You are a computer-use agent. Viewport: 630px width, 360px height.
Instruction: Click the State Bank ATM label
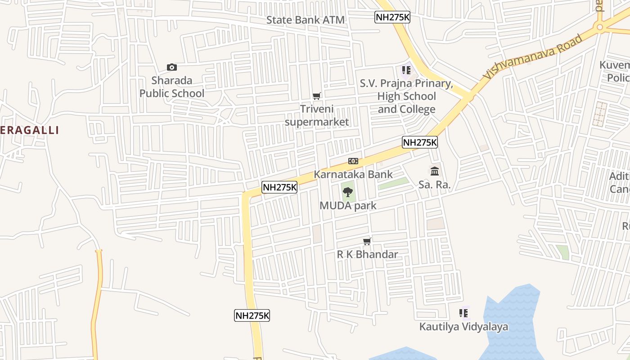coord(305,20)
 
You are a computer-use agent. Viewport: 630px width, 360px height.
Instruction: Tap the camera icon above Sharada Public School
coord(172,67)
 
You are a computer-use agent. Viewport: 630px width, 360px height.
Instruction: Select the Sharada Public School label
coord(172,87)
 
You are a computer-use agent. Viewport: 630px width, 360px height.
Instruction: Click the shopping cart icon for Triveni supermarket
coord(317,96)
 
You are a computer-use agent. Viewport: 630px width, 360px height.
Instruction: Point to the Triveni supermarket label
coord(317,116)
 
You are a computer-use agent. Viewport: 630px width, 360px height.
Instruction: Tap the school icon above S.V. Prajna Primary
coord(406,70)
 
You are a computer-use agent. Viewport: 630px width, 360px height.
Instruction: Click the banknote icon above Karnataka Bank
coord(353,161)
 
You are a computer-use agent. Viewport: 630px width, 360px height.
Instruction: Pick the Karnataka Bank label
coord(353,174)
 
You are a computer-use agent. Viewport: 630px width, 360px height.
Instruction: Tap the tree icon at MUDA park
coord(347,193)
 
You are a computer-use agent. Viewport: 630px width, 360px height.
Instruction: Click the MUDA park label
coord(348,206)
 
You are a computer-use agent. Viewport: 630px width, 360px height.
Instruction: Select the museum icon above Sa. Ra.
coord(435,171)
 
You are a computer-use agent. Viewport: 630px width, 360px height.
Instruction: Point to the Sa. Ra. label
coord(435,184)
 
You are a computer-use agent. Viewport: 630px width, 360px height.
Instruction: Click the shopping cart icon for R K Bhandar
coord(367,242)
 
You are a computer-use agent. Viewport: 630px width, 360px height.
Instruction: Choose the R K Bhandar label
coord(368,254)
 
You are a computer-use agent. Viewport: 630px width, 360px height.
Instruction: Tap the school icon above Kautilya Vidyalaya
coord(464,313)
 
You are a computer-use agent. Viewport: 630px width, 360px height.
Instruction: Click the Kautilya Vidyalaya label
coord(463,327)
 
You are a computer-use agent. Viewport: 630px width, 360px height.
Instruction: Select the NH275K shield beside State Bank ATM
coord(392,17)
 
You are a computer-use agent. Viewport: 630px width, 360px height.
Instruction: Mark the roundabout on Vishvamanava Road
coord(599,27)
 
